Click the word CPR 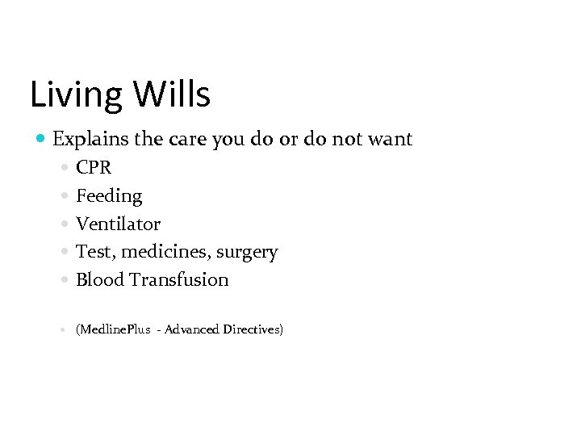94,168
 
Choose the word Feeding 109,196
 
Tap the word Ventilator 118,224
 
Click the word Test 94,252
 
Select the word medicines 169,252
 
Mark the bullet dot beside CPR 65,169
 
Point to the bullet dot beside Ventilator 65,224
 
